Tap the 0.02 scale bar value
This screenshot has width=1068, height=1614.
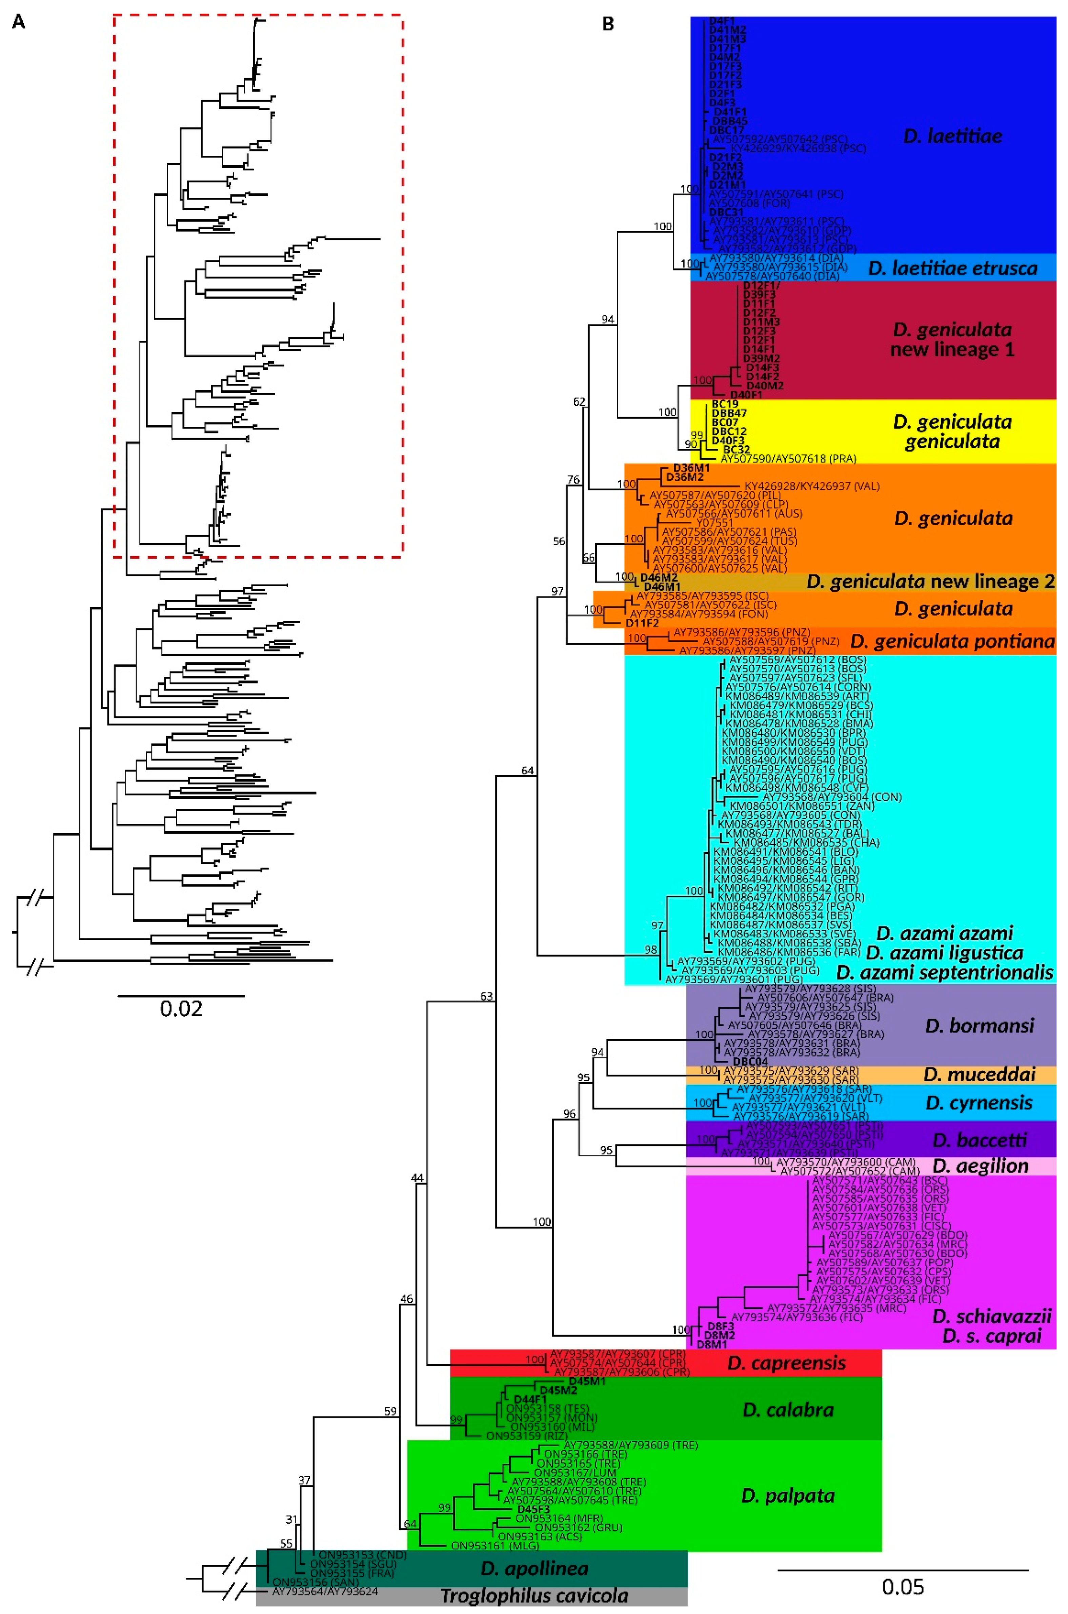coord(181,1008)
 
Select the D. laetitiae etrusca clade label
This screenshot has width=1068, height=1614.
coord(952,268)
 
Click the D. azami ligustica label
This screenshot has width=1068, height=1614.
coord(944,952)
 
